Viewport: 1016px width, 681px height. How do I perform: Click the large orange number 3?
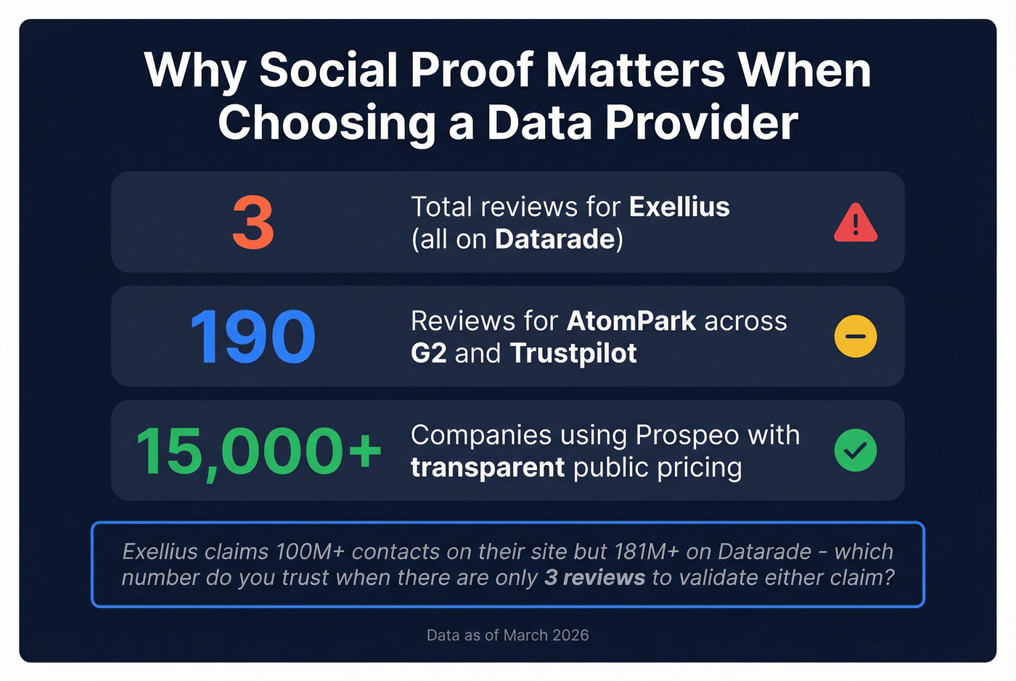253,222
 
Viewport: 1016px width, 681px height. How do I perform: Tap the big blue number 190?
253,337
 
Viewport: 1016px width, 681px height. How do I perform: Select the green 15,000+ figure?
258,452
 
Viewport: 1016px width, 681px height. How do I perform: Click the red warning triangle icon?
856,223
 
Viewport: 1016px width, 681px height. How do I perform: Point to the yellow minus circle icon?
856,337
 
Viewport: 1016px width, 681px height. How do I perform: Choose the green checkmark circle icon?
856,450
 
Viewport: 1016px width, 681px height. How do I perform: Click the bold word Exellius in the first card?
679,207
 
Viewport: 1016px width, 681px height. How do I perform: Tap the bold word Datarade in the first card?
555,239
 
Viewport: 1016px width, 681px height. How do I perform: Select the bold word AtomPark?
631,321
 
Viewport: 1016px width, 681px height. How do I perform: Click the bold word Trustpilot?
573,354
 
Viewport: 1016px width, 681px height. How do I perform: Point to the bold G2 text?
429,354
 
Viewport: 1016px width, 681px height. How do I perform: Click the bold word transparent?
488,468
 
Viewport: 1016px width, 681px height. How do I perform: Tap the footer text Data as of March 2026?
507,635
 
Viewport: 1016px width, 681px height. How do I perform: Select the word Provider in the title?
702,123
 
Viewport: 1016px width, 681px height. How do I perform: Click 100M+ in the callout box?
311,552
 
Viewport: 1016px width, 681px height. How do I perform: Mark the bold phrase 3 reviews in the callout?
594,577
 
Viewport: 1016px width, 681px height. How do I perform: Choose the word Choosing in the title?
327,124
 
